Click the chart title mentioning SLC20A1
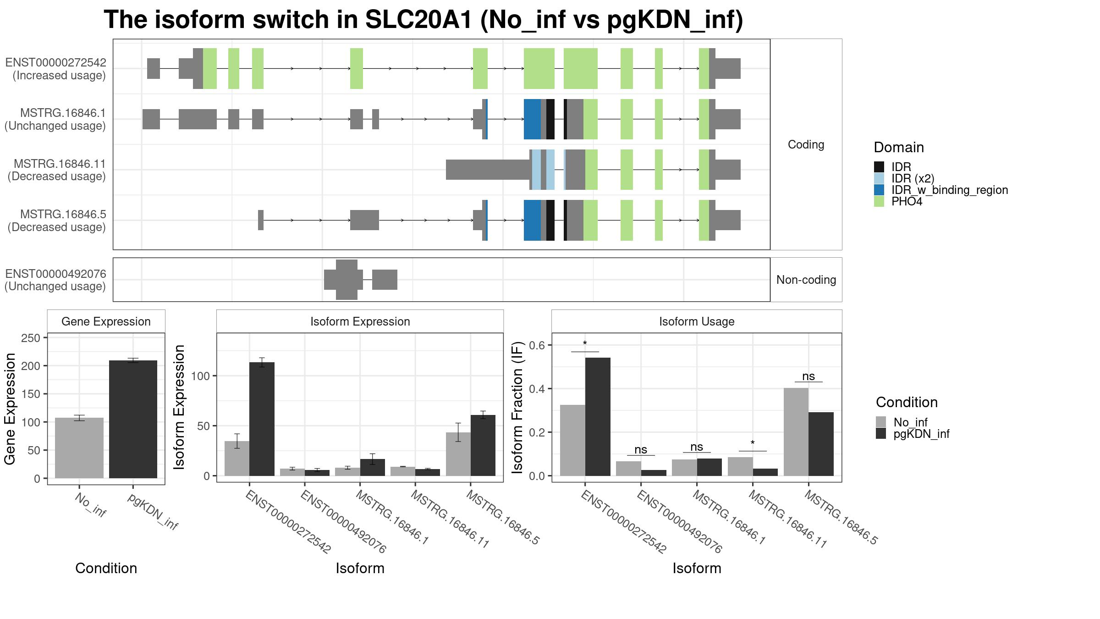click(423, 20)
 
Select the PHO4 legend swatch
click(879, 201)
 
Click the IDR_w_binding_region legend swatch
click(879, 190)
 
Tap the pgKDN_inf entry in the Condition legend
click(921, 434)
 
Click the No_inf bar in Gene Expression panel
click(79, 448)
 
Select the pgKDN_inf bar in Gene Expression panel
click(133, 419)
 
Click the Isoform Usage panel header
click(697, 321)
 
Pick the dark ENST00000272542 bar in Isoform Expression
click(262, 419)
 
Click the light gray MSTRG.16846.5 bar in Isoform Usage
click(796, 432)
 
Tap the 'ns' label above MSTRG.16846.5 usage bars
click(808, 376)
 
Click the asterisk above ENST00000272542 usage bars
click(585, 343)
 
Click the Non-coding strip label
click(806, 280)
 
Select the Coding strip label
click(806, 144)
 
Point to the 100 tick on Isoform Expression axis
click(201, 376)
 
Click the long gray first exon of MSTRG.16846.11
click(489, 170)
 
